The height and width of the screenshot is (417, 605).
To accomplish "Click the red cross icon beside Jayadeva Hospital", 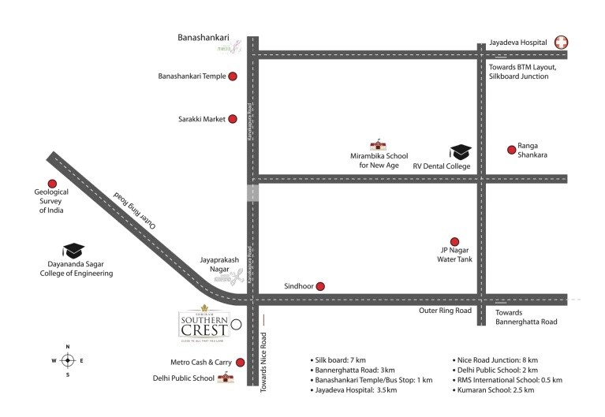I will [x=561, y=43].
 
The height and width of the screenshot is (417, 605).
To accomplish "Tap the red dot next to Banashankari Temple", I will [x=233, y=76].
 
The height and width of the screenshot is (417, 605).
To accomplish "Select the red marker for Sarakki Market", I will [x=233, y=119].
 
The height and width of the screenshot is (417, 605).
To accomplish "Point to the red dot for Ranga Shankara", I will [x=510, y=149].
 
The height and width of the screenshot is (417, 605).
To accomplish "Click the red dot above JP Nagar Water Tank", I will [x=454, y=241].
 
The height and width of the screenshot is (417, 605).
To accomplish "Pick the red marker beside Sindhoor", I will [x=319, y=287].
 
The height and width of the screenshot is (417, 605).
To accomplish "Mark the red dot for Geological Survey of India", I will [x=52, y=184].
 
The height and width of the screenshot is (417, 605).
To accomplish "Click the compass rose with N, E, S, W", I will [x=68, y=360].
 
